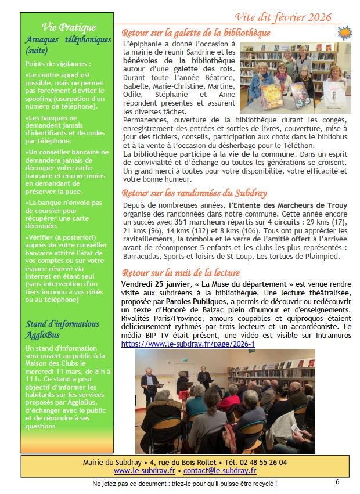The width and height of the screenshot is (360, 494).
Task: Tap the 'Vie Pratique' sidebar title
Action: [x=69, y=27]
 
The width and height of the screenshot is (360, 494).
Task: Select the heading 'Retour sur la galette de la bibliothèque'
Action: [x=196, y=33]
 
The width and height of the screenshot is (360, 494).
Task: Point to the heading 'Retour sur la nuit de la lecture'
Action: [x=181, y=273]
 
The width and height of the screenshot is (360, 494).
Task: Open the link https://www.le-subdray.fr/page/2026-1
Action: [x=188, y=344]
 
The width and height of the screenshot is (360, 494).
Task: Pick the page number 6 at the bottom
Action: [x=337, y=481]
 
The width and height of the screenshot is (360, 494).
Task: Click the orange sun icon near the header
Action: [x=345, y=32]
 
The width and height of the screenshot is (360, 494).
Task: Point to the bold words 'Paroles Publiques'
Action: [x=196, y=302]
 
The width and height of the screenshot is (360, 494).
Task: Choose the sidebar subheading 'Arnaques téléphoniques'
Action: [x=68, y=40]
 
